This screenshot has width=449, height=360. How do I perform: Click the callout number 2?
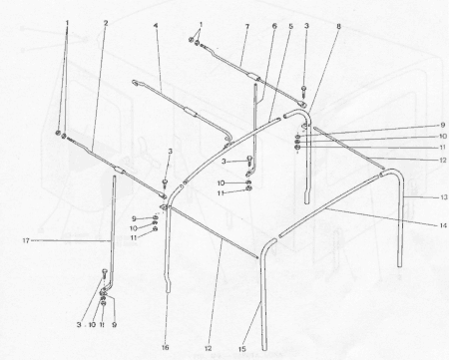pos(106,23)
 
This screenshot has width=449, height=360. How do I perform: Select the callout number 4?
pos(156,26)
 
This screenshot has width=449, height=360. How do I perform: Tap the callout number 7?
pos(247,26)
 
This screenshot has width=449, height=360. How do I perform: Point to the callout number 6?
pos(274,26)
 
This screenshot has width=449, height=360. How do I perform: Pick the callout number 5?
pos(291,26)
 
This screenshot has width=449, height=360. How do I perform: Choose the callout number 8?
pos(338,26)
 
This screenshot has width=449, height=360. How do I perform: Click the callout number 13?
pos(444,197)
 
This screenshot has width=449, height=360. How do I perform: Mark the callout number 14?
pos(443,225)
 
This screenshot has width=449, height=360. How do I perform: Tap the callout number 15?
pos(242,349)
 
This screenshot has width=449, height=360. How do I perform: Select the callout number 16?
pos(166,347)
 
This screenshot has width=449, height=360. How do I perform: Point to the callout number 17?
pos(26,240)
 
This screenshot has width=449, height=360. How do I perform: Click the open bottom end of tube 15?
pos(264,349)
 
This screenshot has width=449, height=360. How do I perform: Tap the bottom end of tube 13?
pos(399,265)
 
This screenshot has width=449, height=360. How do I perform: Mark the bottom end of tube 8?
pos(307,201)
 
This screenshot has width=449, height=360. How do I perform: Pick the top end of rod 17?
pos(114,178)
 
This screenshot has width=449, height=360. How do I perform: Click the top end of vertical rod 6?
pos(255,85)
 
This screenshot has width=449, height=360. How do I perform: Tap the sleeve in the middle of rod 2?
pos(119,171)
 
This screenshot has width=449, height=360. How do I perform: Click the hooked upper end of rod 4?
pos(135,82)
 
